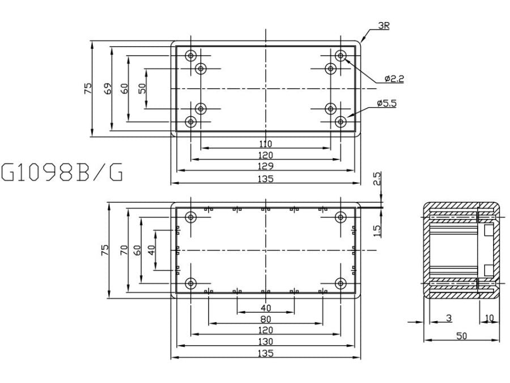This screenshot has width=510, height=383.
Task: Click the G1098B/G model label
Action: click(62, 172)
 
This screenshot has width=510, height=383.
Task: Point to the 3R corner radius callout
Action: click(384, 26)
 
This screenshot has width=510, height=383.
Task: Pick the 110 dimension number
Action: click(266, 144)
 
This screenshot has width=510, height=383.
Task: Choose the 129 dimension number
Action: click(266, 166)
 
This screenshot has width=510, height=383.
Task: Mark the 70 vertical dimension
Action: click(124, 250)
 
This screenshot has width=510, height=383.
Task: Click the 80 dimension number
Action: click(266, 319)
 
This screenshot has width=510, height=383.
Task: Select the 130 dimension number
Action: click(266, 341)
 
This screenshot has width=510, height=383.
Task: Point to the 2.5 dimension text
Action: click(377, 179)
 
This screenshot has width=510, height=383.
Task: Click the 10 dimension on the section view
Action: click(490, 317)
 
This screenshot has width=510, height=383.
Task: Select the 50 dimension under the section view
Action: click(462, 336)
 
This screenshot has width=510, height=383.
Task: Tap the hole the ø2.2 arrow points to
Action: click(340, 56)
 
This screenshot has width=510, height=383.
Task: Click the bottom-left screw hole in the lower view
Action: click(192, 283)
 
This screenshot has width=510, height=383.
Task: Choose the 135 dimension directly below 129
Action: click(266, 178)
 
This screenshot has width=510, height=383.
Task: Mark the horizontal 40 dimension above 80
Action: click(266, 308)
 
